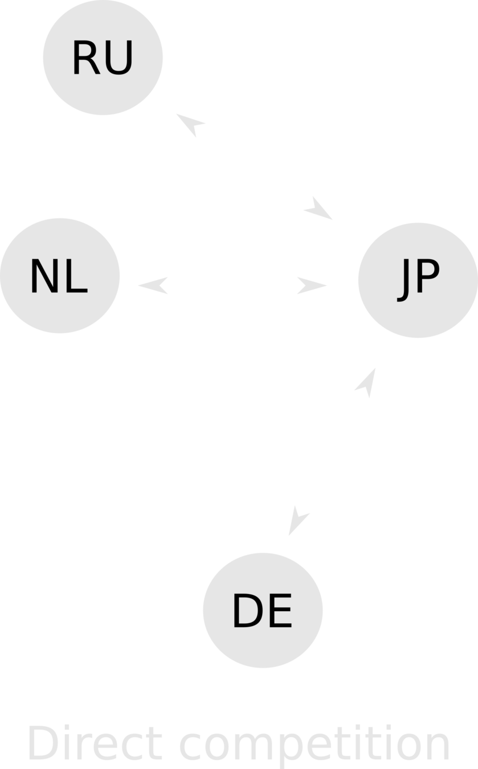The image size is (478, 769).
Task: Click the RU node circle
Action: point(103,57)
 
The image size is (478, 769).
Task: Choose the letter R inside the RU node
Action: point(85,58)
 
